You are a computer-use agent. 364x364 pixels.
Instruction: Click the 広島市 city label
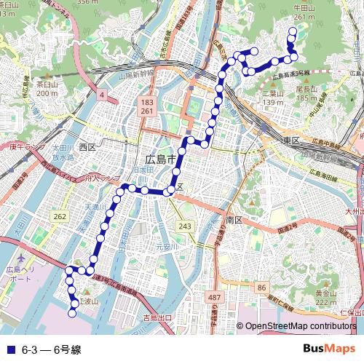tap(161, 159)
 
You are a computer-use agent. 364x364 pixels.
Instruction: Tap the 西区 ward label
tap(87, 147)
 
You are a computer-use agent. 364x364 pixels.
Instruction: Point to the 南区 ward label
tap(234, 219)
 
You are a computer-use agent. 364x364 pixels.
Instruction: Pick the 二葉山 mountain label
tap(273, 93)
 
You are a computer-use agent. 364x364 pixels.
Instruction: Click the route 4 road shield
tap(103, 95)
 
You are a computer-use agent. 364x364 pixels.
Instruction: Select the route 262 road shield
tap(60, 217)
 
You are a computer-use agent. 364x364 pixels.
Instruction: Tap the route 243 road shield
tap(186, 227)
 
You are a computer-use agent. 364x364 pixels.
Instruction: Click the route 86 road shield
tap(261, 289)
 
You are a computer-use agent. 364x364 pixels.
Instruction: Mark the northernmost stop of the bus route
tap(293, 31)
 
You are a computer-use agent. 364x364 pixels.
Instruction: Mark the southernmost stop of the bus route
tap(73, 314)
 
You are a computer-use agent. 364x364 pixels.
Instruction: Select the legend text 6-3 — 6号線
tap(51, 349)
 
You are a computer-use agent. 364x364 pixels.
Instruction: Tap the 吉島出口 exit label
tap(157, 318)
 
